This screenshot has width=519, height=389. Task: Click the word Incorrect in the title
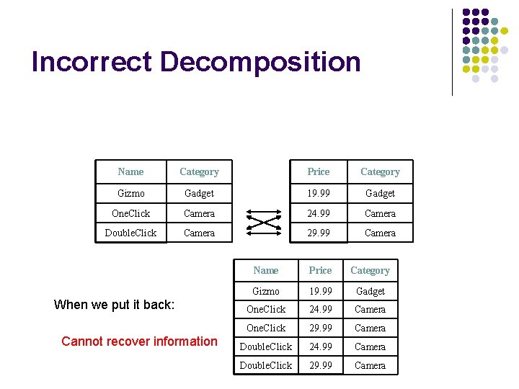(x=92, y=62)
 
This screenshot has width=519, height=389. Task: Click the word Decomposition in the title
(x=260, y=63)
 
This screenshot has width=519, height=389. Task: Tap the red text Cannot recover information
(x=139, y=341)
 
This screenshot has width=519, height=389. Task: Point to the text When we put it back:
(x=114, y=305)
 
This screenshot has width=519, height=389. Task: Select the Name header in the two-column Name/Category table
(x=130, y=172)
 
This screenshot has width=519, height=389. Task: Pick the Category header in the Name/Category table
(x=199, y=172)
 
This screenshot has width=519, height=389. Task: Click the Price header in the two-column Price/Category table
(x=318, y=172)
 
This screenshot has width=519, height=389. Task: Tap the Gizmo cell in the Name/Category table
(x=130, y=193)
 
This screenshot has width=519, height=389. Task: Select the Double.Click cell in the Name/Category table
(x=130, y=233)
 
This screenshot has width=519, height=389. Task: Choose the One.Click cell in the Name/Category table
(x=130, y=213)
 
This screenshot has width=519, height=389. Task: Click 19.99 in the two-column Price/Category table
(x=318, y=193)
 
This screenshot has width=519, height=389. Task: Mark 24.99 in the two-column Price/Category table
(x=318, y=213)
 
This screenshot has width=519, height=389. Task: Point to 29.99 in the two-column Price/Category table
(x=318, y=233)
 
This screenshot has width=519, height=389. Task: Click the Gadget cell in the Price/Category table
(x=380, y=193)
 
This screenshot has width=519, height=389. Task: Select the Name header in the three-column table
(x=266, y=271)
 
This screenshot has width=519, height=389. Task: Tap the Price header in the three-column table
(x=320, y=271)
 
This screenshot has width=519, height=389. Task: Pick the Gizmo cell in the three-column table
(x=266, y=291)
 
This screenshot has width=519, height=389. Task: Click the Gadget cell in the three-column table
(x=370, y=291)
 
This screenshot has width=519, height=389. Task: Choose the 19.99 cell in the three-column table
(x=320, y=291)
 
